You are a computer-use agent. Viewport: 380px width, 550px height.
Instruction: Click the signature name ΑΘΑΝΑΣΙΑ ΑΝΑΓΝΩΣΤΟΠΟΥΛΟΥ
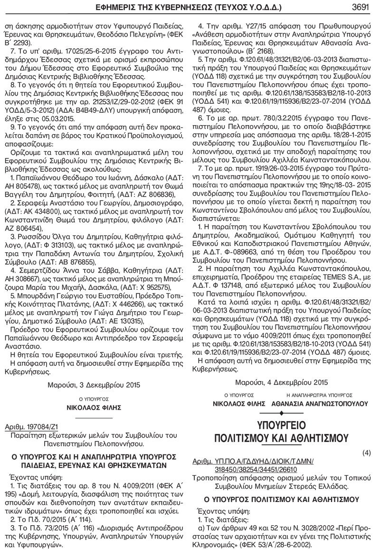(320, 403)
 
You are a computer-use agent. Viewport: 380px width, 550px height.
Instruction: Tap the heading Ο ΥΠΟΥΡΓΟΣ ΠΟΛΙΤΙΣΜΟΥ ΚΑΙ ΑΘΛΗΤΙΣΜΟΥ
(281, 499)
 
